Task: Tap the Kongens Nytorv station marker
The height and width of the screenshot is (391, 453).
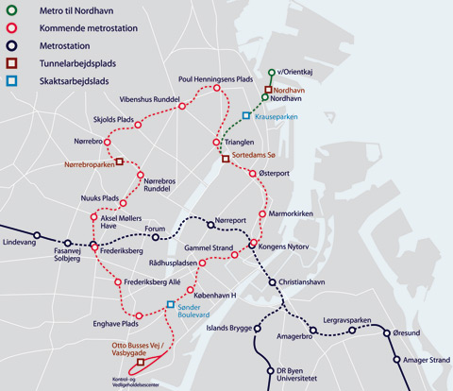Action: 253,245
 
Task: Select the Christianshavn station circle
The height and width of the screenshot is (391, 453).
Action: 272,282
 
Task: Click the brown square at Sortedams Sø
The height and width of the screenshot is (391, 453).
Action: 226,158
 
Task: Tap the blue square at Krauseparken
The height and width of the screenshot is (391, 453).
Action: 246,116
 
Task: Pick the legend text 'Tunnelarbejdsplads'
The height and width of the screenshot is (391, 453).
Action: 61,63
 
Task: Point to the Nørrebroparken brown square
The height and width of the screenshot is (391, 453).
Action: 120,162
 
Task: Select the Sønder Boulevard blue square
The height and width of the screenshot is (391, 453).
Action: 171,305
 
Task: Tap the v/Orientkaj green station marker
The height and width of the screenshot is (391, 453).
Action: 272,73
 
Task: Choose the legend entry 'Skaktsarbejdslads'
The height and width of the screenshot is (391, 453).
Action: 59,81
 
